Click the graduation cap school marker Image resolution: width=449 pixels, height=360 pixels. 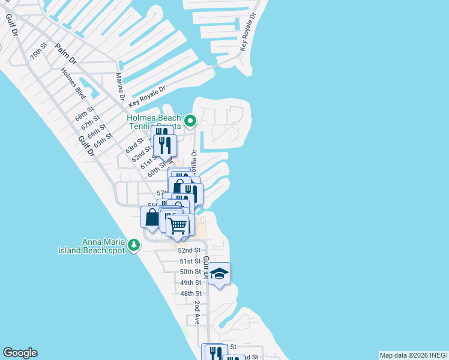pos(220,274)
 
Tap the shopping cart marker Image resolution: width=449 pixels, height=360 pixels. pos(178,226)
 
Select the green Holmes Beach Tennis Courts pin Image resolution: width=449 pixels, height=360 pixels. pos(190,121)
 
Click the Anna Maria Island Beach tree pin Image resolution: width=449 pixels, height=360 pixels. pos(133,245)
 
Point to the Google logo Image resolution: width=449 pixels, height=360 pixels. pos(20,353)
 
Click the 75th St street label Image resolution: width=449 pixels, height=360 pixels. pos(39,50)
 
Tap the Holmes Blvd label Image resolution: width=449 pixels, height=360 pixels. pos(73,83)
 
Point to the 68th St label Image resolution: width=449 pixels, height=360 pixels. pos(85,113)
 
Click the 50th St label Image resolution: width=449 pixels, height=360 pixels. pos(190,272)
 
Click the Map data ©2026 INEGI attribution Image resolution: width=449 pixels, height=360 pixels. pos(413,355)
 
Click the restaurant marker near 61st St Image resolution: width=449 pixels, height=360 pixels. pos(165,145)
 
